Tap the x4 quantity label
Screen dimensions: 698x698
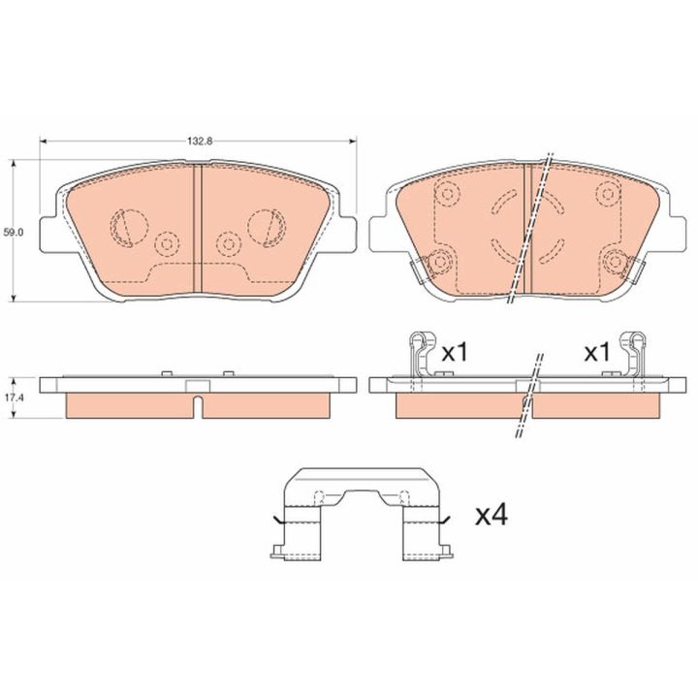492,516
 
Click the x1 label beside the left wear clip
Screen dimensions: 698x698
455,353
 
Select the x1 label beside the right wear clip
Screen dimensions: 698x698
597,353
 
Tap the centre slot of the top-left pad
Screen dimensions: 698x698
198,229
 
